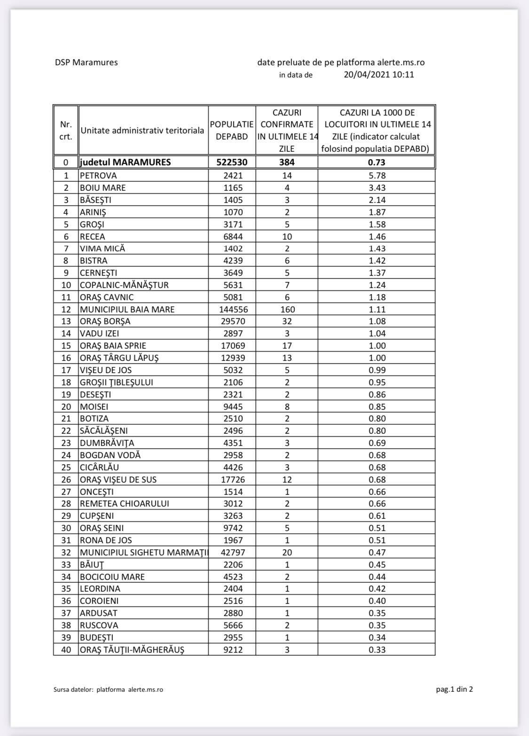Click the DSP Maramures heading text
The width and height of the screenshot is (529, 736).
(86, 62)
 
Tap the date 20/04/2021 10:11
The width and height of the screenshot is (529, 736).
(379, 74)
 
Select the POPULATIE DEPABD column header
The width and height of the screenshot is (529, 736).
(232, 130)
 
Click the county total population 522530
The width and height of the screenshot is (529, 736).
(232, 162)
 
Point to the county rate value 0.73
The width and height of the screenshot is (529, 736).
(377, 162)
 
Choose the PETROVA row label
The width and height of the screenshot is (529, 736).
(98, 175)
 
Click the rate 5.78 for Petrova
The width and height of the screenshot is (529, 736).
(377, 175)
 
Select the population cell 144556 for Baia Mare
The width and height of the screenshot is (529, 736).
(233, 309)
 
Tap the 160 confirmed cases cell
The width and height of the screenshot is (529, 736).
(287, 309)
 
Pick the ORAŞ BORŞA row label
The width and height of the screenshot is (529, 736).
(105, 321)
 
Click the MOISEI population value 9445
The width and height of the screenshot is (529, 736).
(233, 407)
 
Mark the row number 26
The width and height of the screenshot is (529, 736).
(66, 479)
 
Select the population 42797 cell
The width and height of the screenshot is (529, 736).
(233, 552)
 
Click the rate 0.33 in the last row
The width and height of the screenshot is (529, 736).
(377, 650)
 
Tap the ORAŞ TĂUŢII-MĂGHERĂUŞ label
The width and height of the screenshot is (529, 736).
(132, 650)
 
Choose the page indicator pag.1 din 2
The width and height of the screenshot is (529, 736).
(454, 689)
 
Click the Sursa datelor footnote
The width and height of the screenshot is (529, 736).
(108, 689)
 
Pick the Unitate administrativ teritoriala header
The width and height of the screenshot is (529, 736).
(142, 130)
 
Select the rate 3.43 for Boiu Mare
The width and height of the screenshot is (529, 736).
(377, 188)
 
